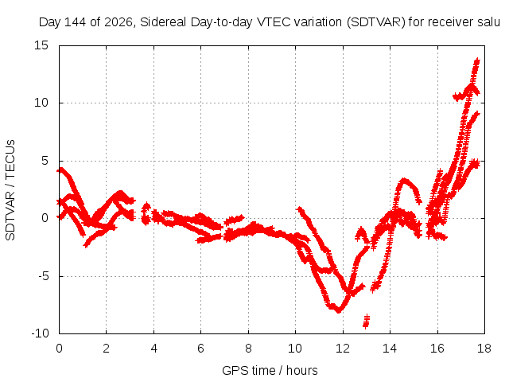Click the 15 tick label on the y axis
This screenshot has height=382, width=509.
41,45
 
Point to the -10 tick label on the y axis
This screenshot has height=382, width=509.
40,333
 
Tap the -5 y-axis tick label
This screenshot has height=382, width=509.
43,276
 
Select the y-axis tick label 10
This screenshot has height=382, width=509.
41,103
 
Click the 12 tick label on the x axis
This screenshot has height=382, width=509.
343,349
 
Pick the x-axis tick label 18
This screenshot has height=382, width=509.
484,349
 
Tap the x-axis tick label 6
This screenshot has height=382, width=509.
200,349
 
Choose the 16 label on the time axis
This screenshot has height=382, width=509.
437,349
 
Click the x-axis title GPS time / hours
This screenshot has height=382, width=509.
270,370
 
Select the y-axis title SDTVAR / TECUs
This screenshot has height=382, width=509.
10,190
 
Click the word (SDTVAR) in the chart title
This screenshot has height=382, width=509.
375,22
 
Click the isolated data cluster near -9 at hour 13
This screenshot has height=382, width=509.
366,321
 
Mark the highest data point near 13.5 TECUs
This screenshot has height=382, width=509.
477,60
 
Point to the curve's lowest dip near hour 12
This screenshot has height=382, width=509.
339,310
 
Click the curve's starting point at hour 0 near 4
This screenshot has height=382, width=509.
60,170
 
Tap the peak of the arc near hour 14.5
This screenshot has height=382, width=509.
403,180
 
